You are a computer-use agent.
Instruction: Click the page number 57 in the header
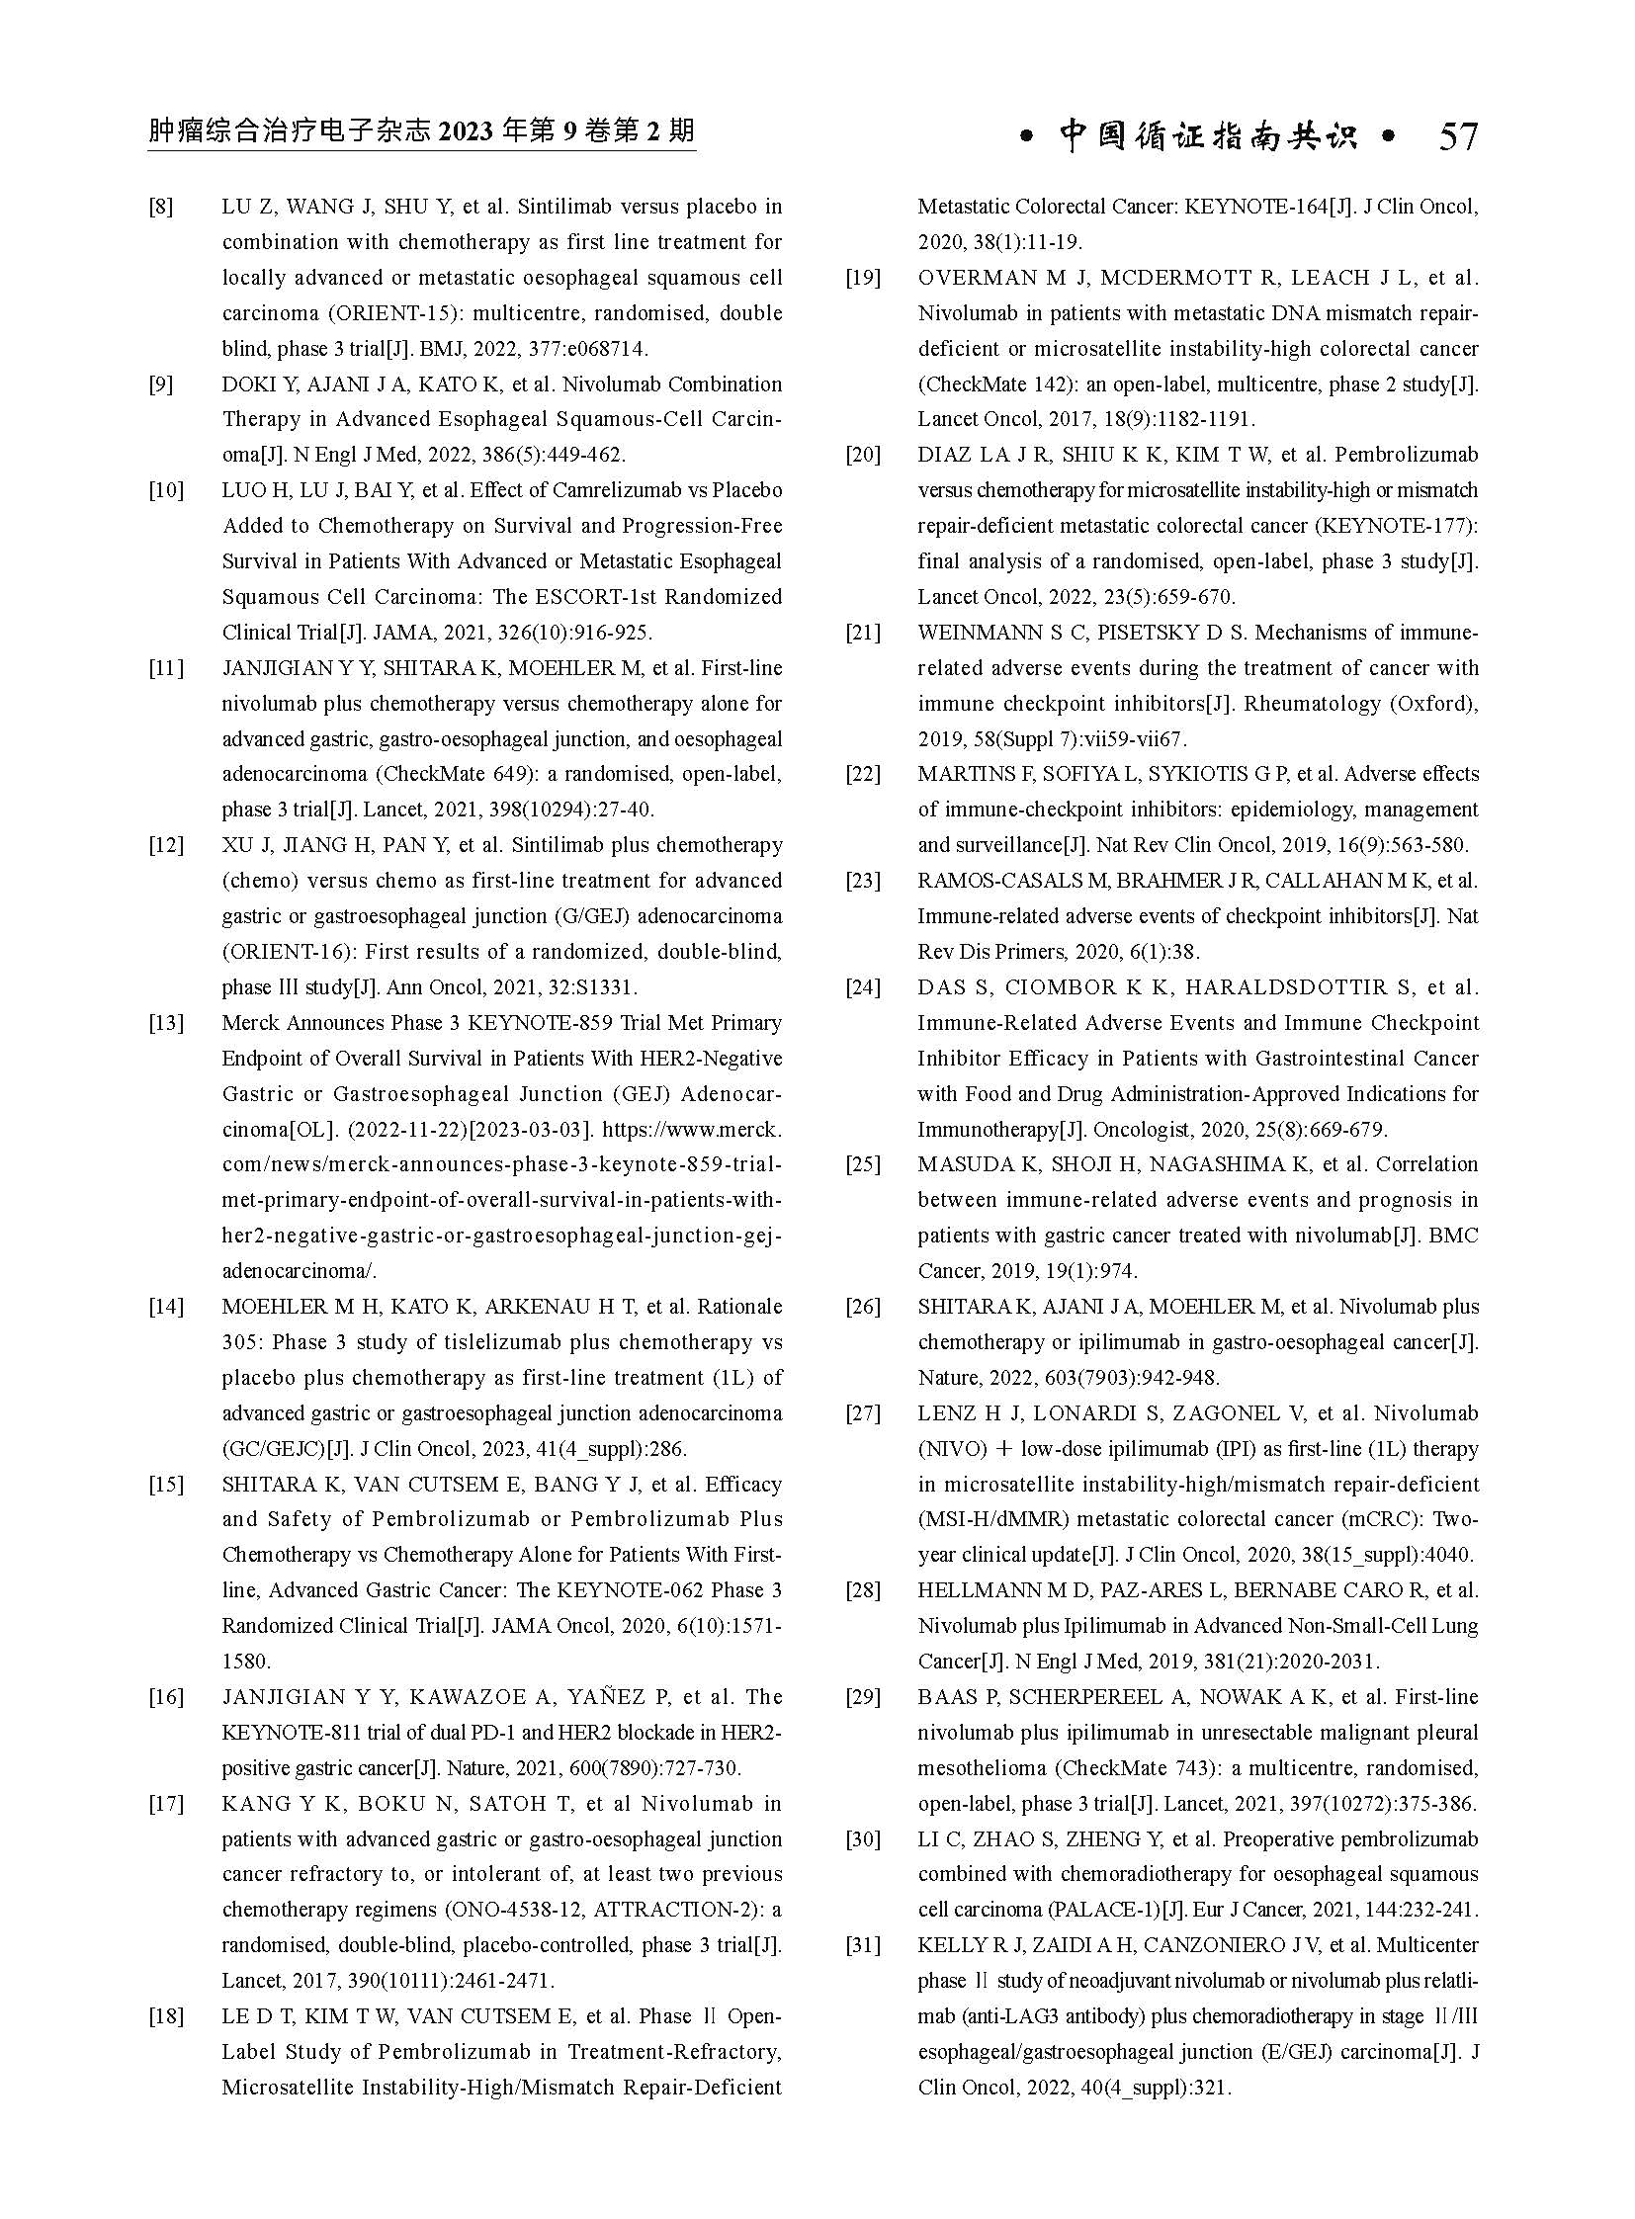[1458, 135]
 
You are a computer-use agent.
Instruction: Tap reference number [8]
[161, 207]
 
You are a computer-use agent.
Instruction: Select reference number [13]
[166, 1022]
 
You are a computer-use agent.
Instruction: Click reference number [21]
[863, 633]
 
